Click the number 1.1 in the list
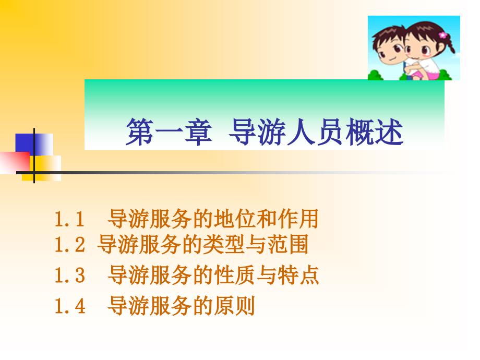(x=69, y=219)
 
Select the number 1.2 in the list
(x=69, y=245)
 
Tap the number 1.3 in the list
(x=69, y=275)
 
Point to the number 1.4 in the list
(x=69, y=306)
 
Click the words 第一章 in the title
(x=169, y=132)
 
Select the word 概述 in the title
(x=375, y=132)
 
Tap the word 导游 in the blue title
(x=257, y=132)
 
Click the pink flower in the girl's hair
(x=443, y=35)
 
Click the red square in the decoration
(x=15, y=162)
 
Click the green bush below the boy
(x=376, y=75)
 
